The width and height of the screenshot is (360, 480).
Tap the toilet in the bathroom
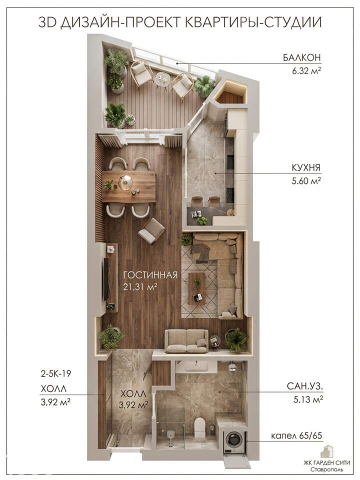tap(200, 427)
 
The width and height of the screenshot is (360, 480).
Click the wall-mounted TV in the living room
tap(106, 279)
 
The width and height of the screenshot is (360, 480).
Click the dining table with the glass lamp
tap(129, 186)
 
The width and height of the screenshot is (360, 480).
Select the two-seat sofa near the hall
tap(186, 341)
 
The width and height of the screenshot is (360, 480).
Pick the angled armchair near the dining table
tap(151, 231)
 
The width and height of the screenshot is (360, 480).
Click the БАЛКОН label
tap(301, 57)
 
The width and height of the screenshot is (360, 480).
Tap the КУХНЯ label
tap(306, 168)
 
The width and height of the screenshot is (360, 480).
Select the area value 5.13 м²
tap(308, 399)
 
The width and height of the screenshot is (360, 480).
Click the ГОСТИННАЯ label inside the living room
tap(150, 274)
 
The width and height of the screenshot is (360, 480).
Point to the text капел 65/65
tap(296, 435)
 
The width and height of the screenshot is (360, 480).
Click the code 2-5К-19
tap(56, 373)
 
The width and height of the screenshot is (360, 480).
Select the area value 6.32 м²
tap(306, 71)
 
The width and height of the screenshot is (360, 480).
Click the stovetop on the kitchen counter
tap(230, 193)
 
